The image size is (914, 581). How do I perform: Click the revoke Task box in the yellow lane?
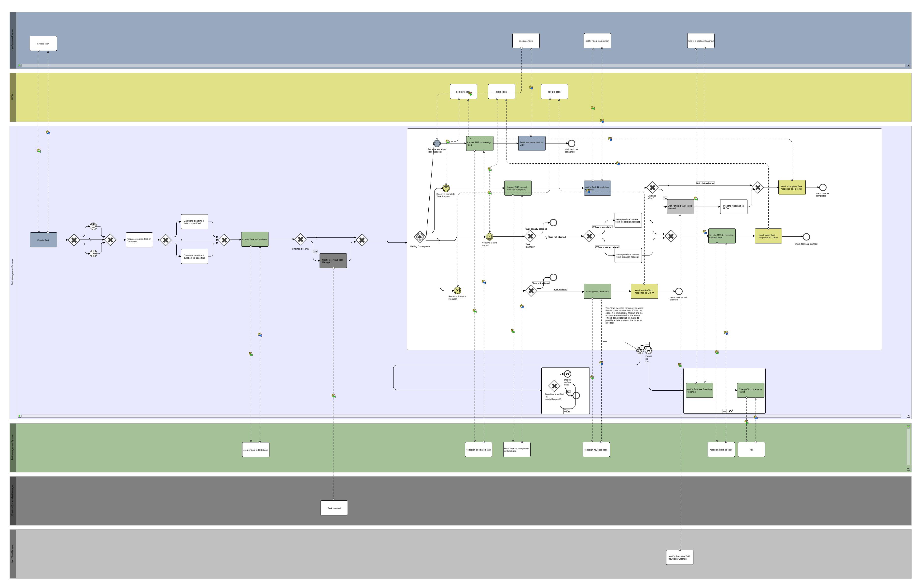(554, 92)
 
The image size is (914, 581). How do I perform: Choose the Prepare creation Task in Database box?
(139, 240)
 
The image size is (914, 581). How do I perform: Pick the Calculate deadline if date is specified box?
(194, 222)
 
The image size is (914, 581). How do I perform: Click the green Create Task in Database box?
(255, 239)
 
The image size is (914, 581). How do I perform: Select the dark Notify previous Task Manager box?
(333, 261)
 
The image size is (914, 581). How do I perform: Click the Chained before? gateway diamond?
(300, 239)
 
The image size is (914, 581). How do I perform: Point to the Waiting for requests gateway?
(420, 237)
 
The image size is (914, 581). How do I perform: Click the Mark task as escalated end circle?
(571, 143)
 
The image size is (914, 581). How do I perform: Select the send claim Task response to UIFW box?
(768, 236)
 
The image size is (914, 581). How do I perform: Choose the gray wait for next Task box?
(680, 207)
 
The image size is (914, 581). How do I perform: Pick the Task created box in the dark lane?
(334, 508)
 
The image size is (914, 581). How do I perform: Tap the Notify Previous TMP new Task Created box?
(679, 557)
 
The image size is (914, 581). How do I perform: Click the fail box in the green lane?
(751, 450)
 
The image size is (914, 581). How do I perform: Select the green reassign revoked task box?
(597, 292)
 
